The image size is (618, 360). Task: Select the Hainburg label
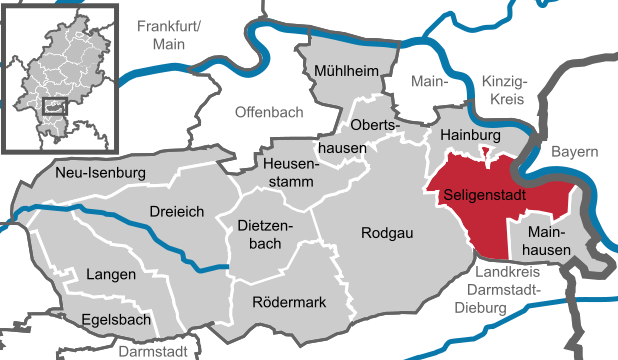[x=470, y=135]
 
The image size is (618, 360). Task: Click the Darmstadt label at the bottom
[x=152, y=352]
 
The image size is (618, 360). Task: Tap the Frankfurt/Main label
[x=170, y=35]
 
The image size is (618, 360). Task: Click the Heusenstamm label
[x=288, y=171]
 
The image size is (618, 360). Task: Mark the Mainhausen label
[x=541, y=239]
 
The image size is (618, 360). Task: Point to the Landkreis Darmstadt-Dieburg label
[x=504, y=289]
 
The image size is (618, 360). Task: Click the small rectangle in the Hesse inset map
[x=57, y=104]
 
